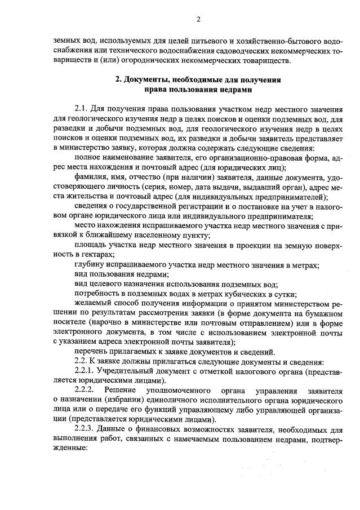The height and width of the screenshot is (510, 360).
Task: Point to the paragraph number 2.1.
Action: (83, 108)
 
